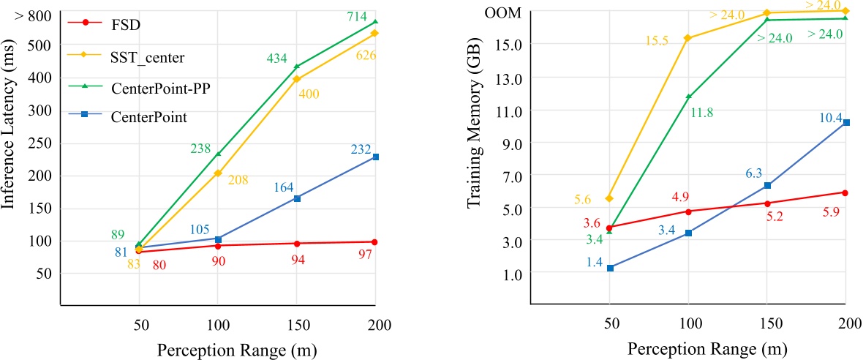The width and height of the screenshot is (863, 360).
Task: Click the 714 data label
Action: pyautogui.click(x=356, y=15)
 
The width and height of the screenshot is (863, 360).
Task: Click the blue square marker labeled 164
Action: pyautogui.click(x=297, y=198)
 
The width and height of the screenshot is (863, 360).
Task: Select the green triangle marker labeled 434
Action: pyautogui.click(x=297, y=67)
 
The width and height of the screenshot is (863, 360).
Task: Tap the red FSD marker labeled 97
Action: pyautogui.click(x=376, y=241)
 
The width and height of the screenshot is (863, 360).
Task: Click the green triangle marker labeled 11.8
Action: pyautogui.click(x=688, y=97)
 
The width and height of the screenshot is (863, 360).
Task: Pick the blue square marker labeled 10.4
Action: pyautogui.click(x=846, y=122)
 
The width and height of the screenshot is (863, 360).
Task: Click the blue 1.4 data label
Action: pyautogui.click(x=594, y=261)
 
